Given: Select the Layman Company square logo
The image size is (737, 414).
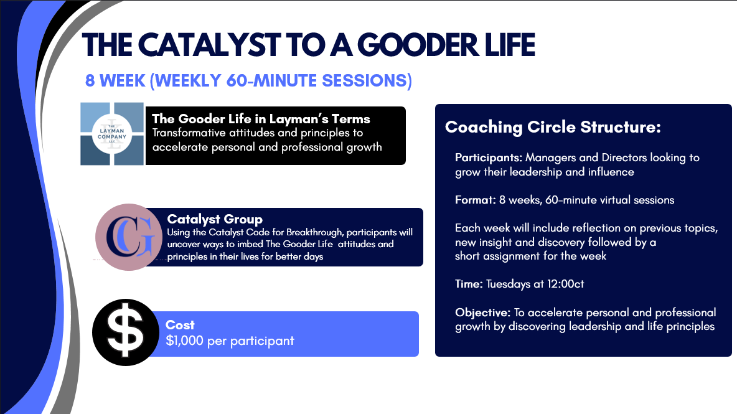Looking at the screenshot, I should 112,134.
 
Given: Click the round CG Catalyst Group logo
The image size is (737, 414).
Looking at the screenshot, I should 129,237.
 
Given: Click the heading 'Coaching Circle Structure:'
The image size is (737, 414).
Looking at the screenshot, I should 553,128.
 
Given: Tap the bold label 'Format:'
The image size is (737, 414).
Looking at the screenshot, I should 474,200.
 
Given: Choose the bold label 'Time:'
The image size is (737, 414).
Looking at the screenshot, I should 469,284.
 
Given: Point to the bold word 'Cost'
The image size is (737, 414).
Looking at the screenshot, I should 180,325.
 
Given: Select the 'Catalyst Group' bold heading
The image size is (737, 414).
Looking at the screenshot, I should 215,219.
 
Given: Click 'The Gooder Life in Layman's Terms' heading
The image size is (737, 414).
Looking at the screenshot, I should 261,119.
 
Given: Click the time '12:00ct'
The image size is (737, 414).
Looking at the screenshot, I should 565,284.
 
